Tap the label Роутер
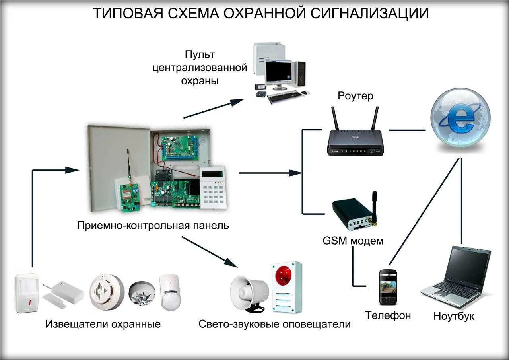coord(356,96)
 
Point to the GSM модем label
coord(353,241)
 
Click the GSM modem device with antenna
coord(354,214)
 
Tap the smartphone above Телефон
coord(387,286)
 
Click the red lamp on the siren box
coord(284,274)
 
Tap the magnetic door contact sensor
coord(64,292)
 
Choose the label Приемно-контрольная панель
coord(153,226)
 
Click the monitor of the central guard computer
coord(278,72)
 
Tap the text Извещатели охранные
coord(103,324)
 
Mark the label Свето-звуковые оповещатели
coord(275,324)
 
